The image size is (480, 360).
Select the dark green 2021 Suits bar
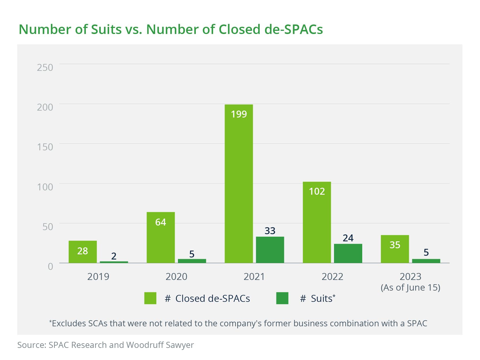[x=270, y=250]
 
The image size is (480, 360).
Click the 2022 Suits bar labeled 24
[x=348, y=253]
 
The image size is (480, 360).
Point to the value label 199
[x=239, y=114]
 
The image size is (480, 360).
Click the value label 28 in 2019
[x=83, y=251]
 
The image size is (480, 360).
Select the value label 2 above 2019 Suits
[x=114, y=256]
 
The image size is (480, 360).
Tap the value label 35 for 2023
[x=395, y=245]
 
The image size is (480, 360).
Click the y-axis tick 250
[x=45, y=67]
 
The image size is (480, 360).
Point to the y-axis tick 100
[x=45, y=187]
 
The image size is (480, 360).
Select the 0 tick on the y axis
[x=50, y=266]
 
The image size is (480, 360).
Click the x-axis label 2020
[x=176, y=276]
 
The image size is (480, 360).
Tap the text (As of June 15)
[x=410, y=287]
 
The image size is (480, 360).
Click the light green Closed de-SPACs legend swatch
[x=150, y=298]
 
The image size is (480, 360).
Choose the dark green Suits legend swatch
[x=282, y=298]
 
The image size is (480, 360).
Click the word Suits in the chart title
[x=106, y=29]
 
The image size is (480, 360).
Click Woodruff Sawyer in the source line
[x=160, y=345]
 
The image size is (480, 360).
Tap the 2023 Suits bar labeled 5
[x=426, y=261]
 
